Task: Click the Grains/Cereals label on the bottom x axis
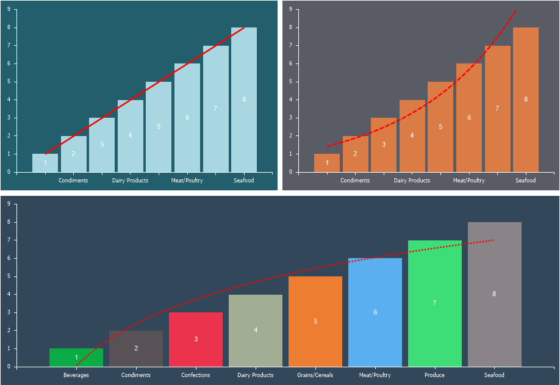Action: point(315,375)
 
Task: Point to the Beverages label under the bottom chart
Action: point(76,375)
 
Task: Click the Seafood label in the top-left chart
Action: point(244,181)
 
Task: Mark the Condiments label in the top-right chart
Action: point(355,181)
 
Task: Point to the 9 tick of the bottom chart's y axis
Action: point(9,204)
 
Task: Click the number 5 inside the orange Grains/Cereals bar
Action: point(315,321)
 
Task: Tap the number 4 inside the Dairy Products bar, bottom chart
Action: point(256,330)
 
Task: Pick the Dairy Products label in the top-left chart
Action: point(130,181)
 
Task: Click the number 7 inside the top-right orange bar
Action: point(497,109)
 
